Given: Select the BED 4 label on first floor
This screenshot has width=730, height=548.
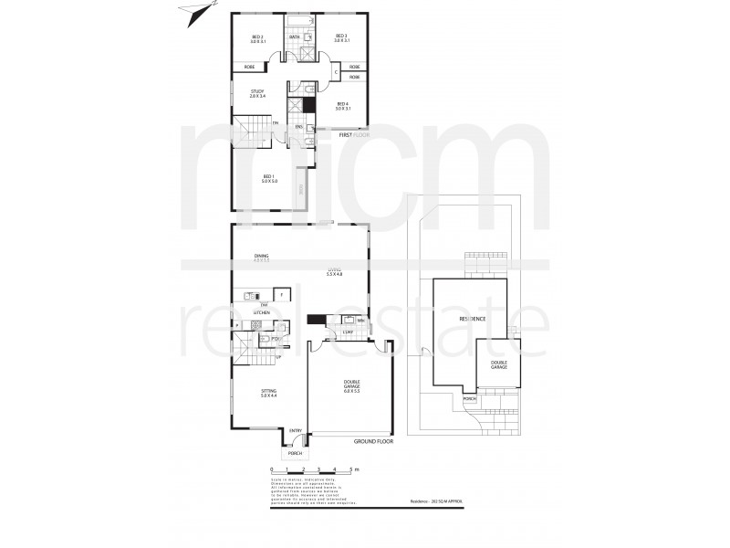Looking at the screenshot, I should coord(342,106).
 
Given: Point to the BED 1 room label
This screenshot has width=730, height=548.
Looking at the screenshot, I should coord(269,177).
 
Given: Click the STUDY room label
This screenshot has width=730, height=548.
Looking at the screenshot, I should coord(257,93).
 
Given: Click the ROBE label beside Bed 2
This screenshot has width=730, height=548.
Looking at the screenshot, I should coord(249,68).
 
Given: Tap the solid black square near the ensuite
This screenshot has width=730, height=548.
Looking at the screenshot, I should coord(309,104).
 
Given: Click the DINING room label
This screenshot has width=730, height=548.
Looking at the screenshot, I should coord(262,258).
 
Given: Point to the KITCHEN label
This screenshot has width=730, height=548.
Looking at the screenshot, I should coord(262,312).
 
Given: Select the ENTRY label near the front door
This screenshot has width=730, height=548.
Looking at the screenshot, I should coord(295,431).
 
